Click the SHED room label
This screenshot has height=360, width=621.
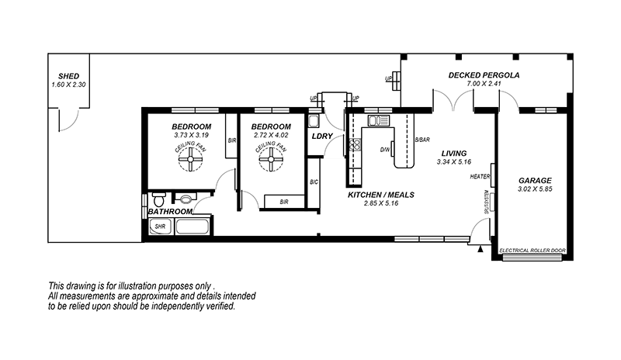click(x=68, y=76)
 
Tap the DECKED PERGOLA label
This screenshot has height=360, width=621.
click(x=484, y=75)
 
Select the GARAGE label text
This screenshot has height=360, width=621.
click(x=535, y=181)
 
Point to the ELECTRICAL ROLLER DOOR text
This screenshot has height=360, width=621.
click(x=533, y=251)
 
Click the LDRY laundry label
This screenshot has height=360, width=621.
click(x=322, y=137)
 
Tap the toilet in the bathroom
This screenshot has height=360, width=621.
click(x=159, y=198)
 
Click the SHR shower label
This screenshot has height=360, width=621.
click(x=160, y=227)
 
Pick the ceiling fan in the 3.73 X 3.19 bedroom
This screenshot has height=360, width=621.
click(x=190, y=159)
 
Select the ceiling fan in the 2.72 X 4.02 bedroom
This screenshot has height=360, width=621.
click(x=271, y=159)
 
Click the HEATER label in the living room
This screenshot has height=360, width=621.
click(x=480, y=177)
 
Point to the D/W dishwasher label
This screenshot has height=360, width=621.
click(x=384, y=150)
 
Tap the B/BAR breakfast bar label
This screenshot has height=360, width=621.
click(x=422, y=140)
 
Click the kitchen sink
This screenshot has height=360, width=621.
click(x=379, y=120)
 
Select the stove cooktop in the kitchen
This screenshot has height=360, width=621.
click(x=355, y=144)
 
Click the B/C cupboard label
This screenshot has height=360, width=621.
click(x=314, y=182)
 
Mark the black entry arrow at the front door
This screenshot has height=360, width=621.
click(x=480, y=249)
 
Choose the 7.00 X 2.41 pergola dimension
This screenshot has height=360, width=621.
click(x=484, y=84)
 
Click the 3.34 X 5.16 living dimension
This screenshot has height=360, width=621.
click(x=454, y=162)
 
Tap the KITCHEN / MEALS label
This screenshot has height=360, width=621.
click(x=381, y=195)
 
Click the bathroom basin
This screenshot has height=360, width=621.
click(x=186, y=198)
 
